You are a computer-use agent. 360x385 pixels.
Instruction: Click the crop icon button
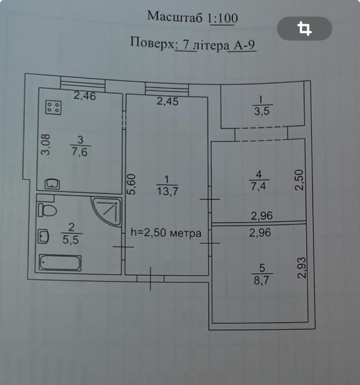coord(304,28)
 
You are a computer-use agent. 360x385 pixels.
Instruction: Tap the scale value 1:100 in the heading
coord(224,18)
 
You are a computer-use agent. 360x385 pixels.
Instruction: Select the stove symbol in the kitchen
coord(53,106)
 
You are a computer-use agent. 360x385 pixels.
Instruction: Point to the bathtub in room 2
coord(60,263)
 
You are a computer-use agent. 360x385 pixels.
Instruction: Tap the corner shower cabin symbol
coord(108,210)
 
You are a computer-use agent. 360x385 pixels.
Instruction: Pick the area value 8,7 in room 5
coord(262,280)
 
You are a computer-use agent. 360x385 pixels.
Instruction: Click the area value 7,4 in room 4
coord(259,186)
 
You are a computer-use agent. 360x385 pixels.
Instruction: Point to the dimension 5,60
coord(132,184)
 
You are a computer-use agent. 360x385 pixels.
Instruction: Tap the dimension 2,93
coord(302,268)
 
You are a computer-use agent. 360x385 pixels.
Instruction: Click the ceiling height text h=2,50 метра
coord(166,233)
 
